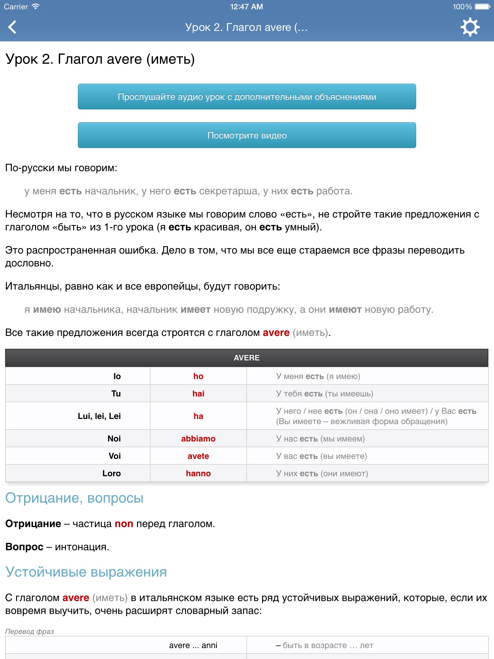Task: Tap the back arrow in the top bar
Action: [x=12, y=27]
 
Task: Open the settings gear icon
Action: [x=470, y=27]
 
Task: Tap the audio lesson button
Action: [x=247, y=97]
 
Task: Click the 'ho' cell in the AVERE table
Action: [x=198, y=376]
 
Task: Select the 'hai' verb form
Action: [x=198, y=394]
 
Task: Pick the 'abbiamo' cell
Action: [x=198, y=439]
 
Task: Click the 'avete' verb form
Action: [x=198, y=456]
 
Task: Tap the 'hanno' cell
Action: [x=198, y=473]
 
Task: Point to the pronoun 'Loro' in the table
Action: [x=112, y=473]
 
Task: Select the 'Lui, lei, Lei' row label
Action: [x=99, y=416]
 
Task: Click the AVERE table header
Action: [x=247, y=358]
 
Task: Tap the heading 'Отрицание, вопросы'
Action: [x=74, y=498]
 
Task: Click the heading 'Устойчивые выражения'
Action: [x=86, y=572]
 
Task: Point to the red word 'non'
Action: [x=124, y=524]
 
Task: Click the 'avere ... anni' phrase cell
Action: [x=193, y=645]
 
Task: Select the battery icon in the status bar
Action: [x=482, y=7]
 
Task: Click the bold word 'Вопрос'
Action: [x=24, y=547]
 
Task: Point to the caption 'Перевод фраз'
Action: [x=30, y=631]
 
